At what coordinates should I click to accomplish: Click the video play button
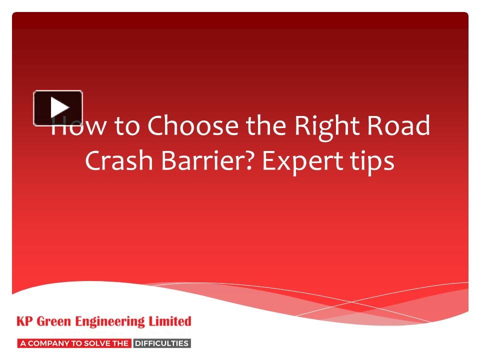coord(58,107)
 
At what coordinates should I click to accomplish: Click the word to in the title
coord(128,126)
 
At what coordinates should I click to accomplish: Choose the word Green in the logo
coord(56,321)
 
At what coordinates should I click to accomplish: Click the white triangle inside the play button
coord(59,107)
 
